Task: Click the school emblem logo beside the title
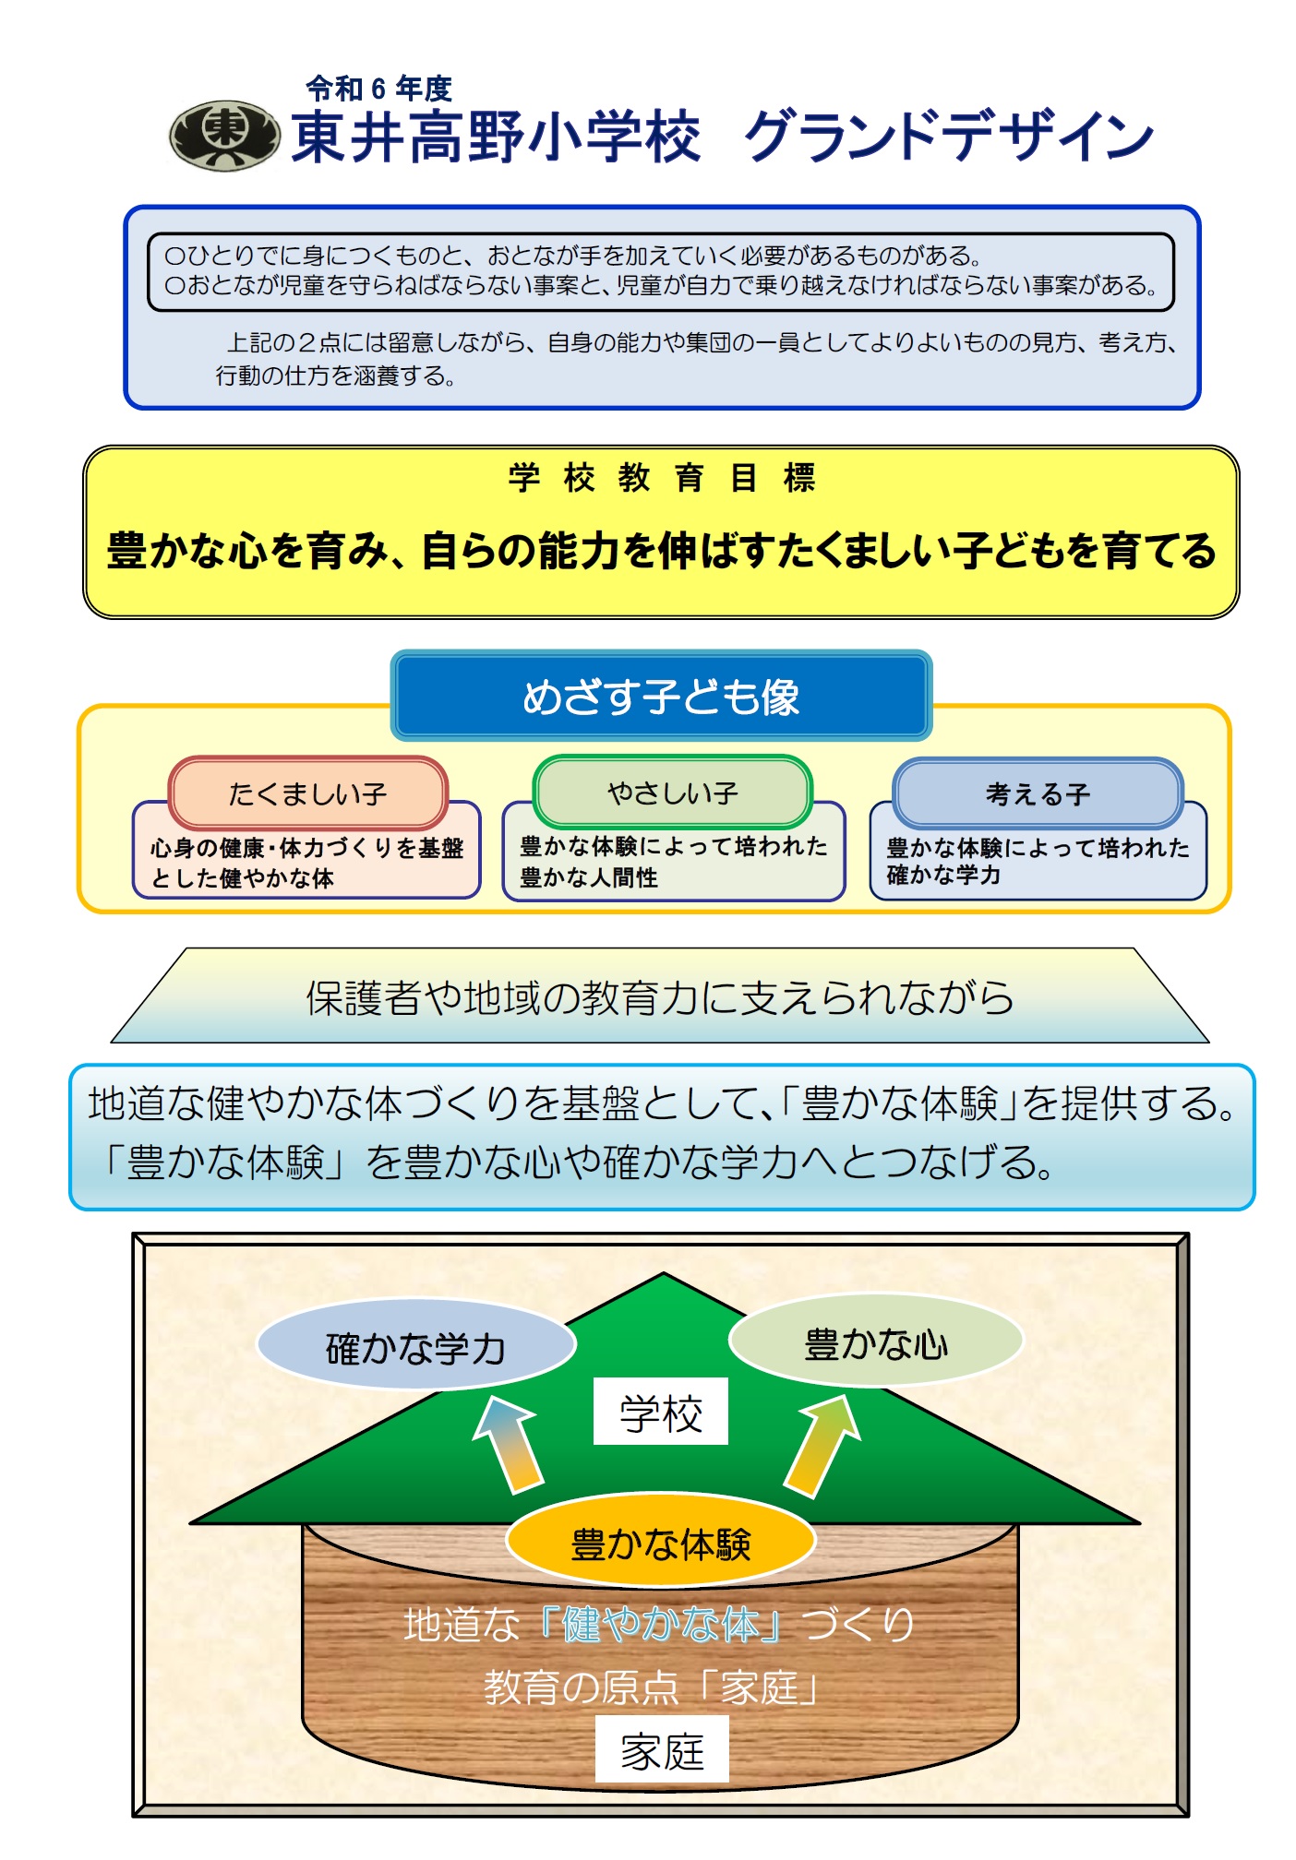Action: [x=224, y=135]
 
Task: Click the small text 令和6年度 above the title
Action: [x=378, y=89]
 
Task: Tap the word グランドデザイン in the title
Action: [x=948, y=137]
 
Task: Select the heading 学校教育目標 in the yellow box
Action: [x=661, y=478]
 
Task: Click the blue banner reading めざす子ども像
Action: [x=661, y=696]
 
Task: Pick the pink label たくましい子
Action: [x=307, y=793]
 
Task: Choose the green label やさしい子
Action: [x=672, y=793]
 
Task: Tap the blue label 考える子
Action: [x=1038, y=793]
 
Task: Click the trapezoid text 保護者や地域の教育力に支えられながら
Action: [x=659, y=997]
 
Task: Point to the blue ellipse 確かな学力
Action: [x=415, y=1348]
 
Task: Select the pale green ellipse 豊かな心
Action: [x=875, y=1343]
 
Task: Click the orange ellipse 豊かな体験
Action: [x=661, y=1544]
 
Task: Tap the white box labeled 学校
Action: [x=661, y=1413]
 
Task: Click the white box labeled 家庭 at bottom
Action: [x=662, y=1750]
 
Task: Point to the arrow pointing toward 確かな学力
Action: [x=508, y=1443]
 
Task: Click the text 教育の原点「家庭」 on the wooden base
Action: [x=652, y=1687]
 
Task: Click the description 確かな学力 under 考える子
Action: [x=943, y=875]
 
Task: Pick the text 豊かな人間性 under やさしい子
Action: [x=589, y=876]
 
